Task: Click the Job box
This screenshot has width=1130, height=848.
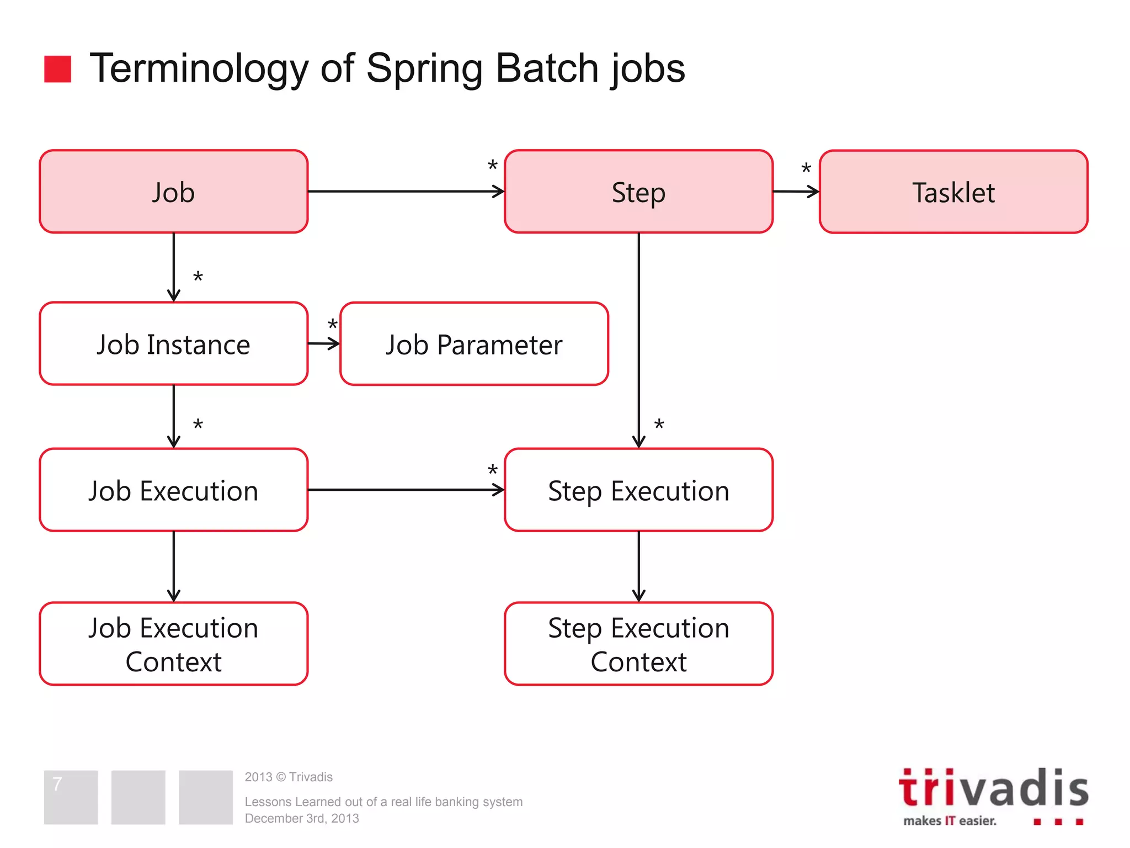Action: [x=173, y=192]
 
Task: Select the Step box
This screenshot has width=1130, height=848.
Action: [x=638, y=192]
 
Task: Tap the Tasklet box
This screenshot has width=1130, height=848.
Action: [x=953, y=192]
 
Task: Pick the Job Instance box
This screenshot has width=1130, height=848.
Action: [x=173, y=343]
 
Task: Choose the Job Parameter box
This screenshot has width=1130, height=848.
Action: [x=474, y=343]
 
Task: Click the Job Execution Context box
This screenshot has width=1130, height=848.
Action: [x=173, y=644]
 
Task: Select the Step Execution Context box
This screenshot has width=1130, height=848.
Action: [x=638, y=644]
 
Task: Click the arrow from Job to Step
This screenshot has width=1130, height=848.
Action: [x=406, y=192]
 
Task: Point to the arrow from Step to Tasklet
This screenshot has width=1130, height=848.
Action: [x=796, y=192]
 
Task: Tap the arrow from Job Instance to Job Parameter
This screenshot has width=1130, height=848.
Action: [x=324, y=343]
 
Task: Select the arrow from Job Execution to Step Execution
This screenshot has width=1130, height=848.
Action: [x=406, y=490]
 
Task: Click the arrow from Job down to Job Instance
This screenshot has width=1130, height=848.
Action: [x=173, y=267]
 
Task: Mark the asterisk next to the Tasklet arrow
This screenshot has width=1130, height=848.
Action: [x=806, y=168]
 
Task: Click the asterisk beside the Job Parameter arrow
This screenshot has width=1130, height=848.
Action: [x=332, y=324]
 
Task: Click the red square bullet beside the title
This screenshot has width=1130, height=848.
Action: [x=57, y=69]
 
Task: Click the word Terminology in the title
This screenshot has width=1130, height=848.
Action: [x=199, y=68]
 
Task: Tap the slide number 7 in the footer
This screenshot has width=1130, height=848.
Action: [x=57, y=783]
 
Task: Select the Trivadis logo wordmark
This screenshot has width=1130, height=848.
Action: [x=993, y=788]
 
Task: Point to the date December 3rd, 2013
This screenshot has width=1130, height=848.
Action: [x=302, y=818]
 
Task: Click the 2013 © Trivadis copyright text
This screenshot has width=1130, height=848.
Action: [x=289, y=777]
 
